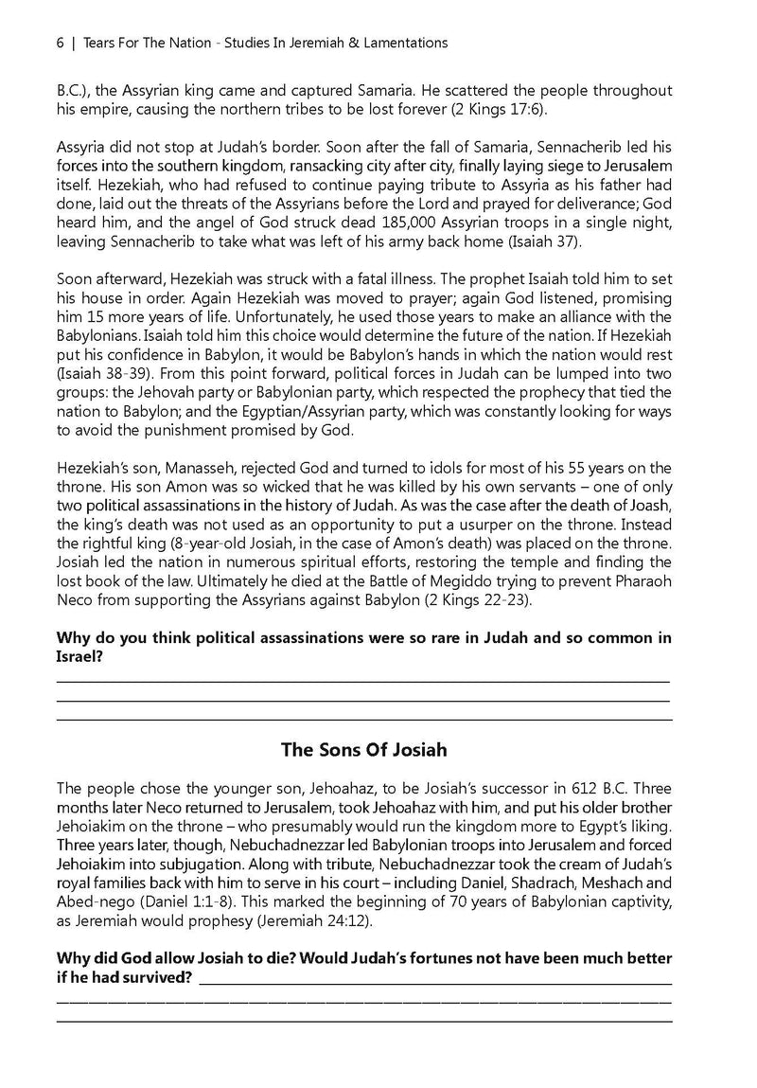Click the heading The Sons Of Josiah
tap(364, 750)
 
